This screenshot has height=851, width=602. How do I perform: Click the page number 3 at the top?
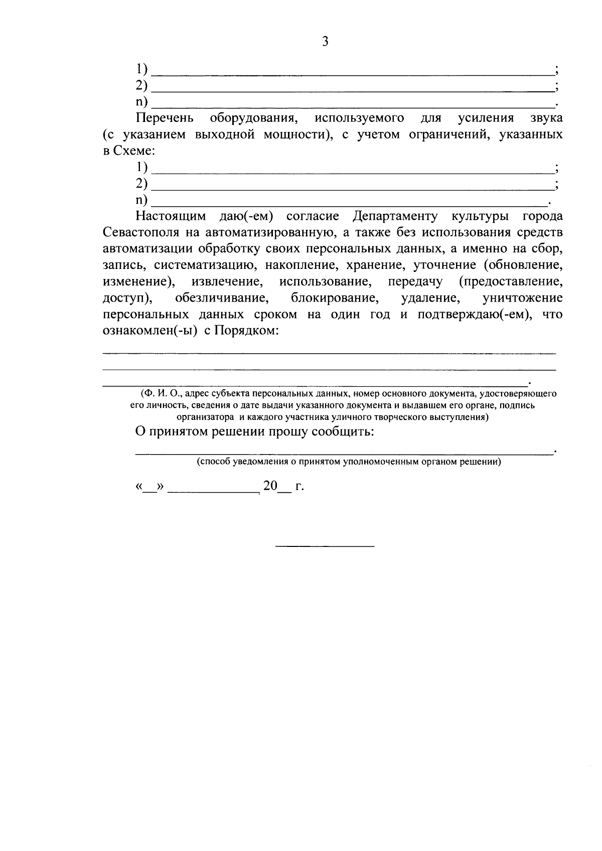point(325,42)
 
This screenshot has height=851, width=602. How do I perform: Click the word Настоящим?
point(171,217)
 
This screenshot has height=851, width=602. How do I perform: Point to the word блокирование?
point(334,298)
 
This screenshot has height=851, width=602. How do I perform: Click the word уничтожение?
point(522,298)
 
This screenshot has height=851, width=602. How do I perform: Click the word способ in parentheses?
point(213,462)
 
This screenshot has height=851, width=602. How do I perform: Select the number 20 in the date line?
point(270,486)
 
